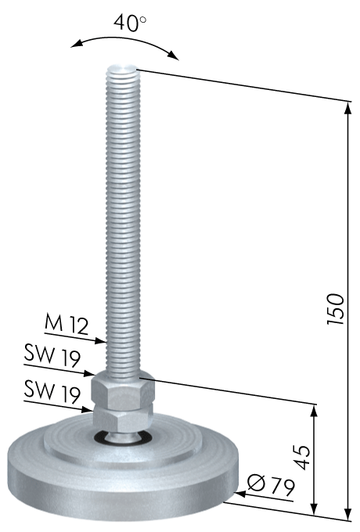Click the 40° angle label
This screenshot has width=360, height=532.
[130, 23]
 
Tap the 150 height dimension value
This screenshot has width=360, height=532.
[336, 309]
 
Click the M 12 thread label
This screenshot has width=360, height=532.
[67, 324]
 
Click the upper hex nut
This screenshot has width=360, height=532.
[123, 389]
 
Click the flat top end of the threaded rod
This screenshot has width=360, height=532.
[122, 70]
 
